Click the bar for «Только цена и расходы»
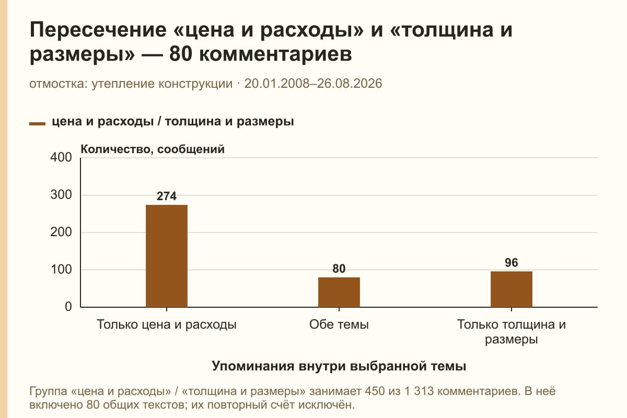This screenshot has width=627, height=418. pyautogui.click(x=167, y=256)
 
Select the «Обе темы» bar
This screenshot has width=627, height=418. pyautogui.click(x=339, y=292)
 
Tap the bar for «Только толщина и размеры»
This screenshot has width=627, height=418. pyautogui.click(x=512, y=289)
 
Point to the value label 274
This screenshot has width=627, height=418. pyautogui.click(x=167, y=196)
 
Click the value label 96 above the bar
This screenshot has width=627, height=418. pyautogui.click(x=512, y=263)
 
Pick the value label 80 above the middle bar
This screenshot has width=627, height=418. pyautogui.click(x=339, y=269)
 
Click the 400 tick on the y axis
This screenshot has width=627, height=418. pyautogui.click(x=61, y=157)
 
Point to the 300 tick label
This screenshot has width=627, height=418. pyautogui.click(x=61, y=195)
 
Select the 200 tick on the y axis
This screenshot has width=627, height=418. pyautogui.click(x=61, y=232)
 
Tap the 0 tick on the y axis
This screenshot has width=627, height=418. pyautogui.click(x=68, y=307)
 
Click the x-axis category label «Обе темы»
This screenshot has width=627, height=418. pyautogui.click(x=339, y=324)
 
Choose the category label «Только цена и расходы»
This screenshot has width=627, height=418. pyautogui.click(x=167, y=325)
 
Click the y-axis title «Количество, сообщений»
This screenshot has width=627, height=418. pyautogui.click(x=153, y=149)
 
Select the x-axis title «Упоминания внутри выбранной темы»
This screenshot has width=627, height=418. pyautogui.click(x=339, y=366)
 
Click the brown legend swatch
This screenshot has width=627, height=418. pyautogui.click(x=37, y=124)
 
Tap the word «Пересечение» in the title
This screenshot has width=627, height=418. pyautogui.click(x=98, y=30)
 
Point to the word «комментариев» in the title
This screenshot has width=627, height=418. pyautogui.click(x=275, y=54)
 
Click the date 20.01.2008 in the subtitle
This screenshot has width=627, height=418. pyautogui.click(x=277, y=84)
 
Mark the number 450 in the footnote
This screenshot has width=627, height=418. pyautogui.click(x=375, y=391)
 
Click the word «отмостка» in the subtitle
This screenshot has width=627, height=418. pyautogui.click(x=59, y=84)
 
